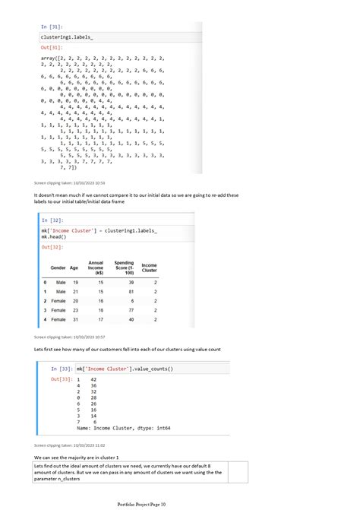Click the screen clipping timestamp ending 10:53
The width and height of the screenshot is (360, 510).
pyautogui.click(x=70, y=183)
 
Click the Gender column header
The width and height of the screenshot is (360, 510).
pyautogui.click(x=58, y=268)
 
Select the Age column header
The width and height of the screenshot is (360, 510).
pyautogui.click(x=74, y=268)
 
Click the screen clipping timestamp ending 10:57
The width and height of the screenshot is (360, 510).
pyautogui.click(x=70, y=336)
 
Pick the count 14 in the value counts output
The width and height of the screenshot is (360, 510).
pyautogui.click(x=93, y=416)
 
